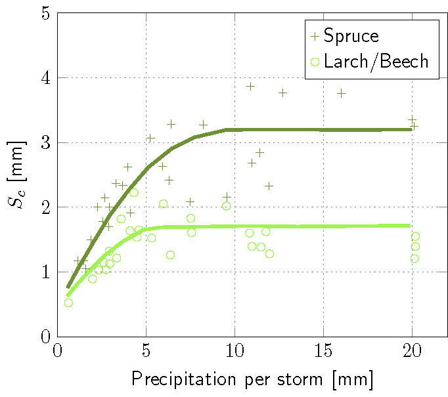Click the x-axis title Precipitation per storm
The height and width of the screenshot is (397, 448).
(x=252, y=379)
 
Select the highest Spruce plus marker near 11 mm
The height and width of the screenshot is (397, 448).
(x=250, y=86)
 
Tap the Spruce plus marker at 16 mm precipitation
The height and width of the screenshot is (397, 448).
(x=341, y=93)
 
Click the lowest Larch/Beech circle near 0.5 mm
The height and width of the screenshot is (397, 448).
(x=68, y=303)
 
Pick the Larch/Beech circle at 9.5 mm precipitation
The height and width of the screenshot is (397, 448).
(x=226, y=206)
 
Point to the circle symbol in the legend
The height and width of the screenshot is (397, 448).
(x=315, y=62)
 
